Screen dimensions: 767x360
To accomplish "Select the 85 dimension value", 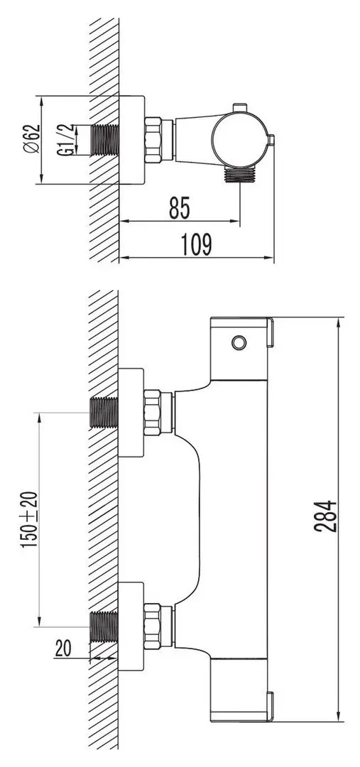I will pyautogui.click(x=180, y=209).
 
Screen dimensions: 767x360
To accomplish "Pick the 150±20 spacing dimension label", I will pyautogui.click(x=28, y=518).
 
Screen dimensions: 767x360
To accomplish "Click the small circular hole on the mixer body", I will pyautogui.click(x=239, y=344).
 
